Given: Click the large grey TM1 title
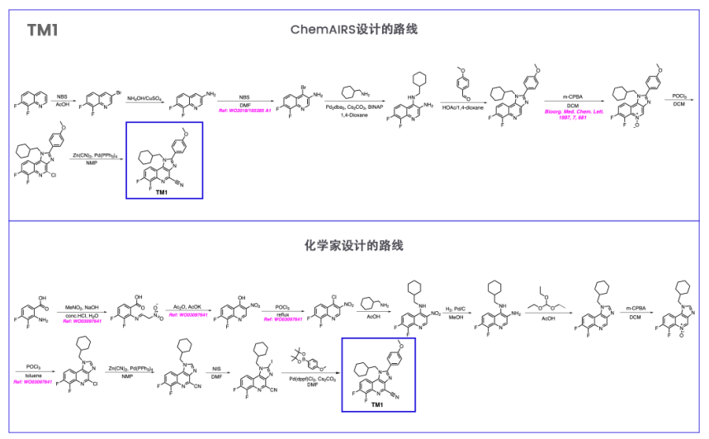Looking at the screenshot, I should [x=42, y=31].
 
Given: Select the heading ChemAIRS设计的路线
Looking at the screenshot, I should [x=354, y=30].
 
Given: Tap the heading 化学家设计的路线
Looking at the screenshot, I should [x=354, y=246].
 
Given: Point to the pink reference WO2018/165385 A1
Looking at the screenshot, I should [x=245, y=111].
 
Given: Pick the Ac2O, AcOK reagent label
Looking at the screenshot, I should [x=184, y=306].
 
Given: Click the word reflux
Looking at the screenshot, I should [x=283, y=313].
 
